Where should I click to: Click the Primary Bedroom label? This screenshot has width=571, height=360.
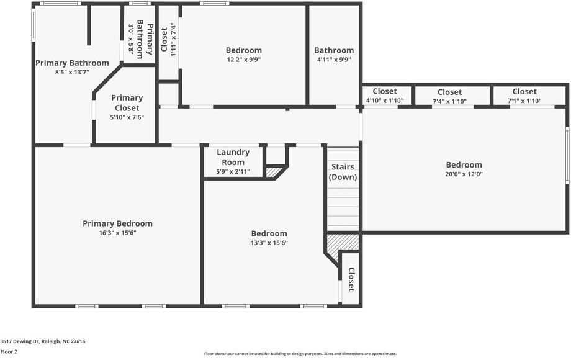click(117, 223)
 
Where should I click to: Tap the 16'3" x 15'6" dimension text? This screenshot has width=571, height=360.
click(117, 233)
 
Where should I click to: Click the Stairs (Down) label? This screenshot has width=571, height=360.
click(343, 172)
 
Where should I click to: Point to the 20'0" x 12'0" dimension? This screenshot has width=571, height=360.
click(464, 174)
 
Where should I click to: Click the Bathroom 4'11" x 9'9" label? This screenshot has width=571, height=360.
click(334, 50)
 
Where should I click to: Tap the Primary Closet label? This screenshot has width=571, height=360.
click(127, 102)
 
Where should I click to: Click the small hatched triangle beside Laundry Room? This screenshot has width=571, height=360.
click(274, 172)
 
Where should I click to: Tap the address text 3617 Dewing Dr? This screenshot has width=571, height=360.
click(43, 341)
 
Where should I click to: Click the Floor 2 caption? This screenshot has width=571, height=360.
click(9, 351)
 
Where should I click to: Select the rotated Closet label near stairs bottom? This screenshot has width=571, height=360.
click(351, 279)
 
